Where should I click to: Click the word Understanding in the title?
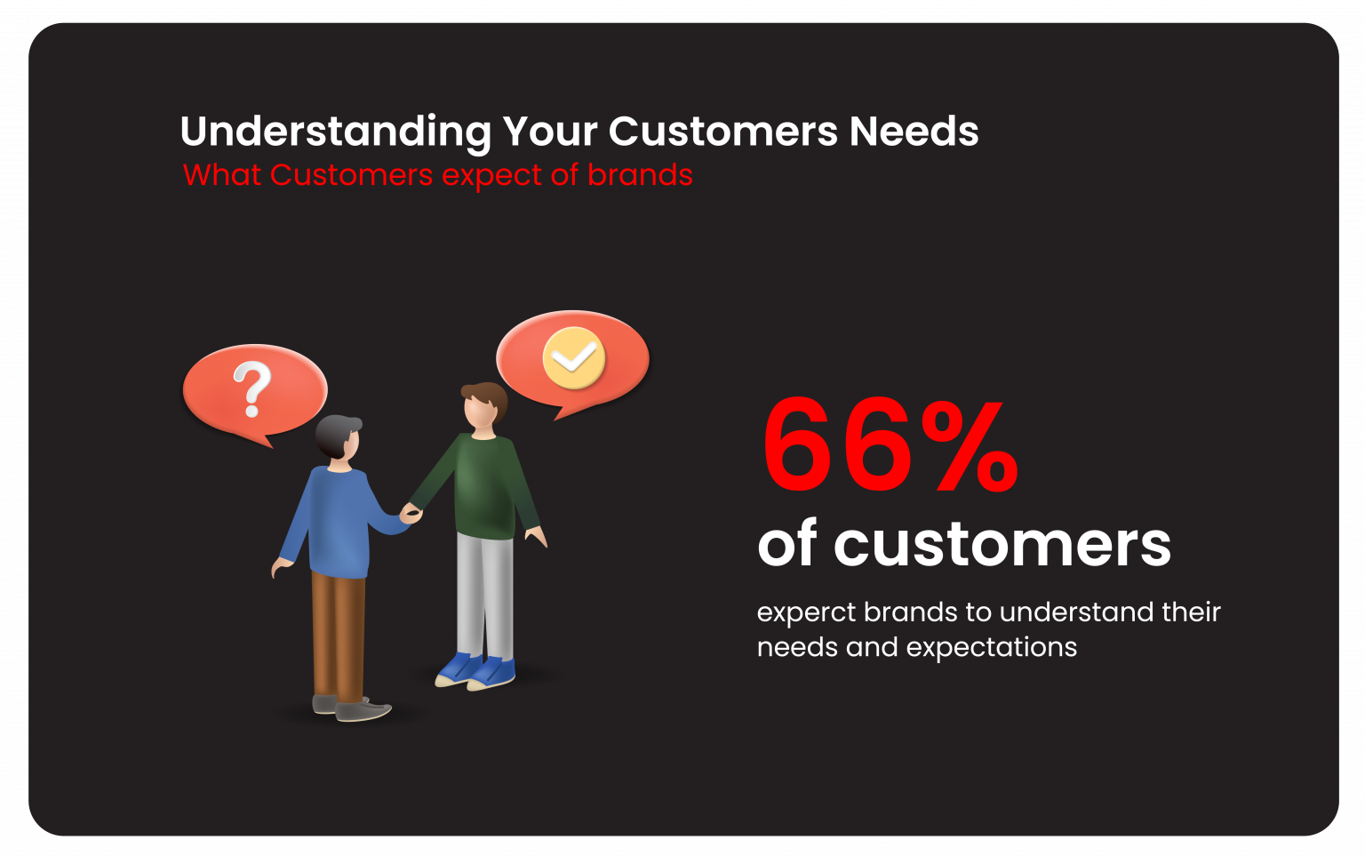(x=335, y=132)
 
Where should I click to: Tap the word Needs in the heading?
(x=914, y=132)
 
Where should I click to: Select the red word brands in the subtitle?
(x=640, y=175)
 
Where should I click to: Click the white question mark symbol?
(x=252, y=389)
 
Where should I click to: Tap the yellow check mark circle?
(x=573, y=358)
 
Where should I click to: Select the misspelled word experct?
(x=806, y=612)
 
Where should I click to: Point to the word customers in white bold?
(x=1002, y=544)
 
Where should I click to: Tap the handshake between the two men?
(x=411, y=513)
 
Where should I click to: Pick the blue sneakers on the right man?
(x=475, y=670)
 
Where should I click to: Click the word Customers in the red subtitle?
(x=351, y=175)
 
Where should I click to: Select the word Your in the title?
(x=549, y=132)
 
